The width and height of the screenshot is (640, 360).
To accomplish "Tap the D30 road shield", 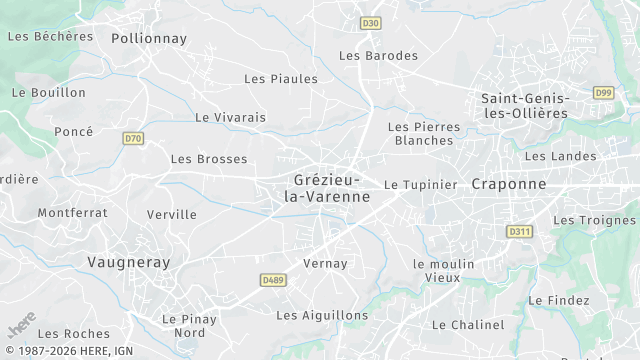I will tap(371, 23).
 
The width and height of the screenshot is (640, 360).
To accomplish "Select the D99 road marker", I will tap(603, 93).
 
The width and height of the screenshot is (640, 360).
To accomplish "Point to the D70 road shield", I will tap(133, 138).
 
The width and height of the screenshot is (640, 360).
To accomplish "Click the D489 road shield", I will tap(272, 281).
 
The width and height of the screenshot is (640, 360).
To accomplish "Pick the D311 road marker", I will tap(518, 231).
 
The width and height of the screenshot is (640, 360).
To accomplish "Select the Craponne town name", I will tap(509, 184).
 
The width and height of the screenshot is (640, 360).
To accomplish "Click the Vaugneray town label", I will tap(128, 262).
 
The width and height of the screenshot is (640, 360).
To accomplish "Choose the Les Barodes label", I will tap(379, 56).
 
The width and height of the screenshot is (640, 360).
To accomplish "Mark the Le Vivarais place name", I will tap(231, 117).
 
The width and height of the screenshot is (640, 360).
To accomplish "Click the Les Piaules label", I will tap(281, 78).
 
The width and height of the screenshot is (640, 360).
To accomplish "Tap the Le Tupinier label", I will tap(420, 185).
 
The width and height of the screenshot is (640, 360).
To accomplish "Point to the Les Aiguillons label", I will tap(322, 315).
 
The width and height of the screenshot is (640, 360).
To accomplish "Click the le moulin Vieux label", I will tap(443, 270).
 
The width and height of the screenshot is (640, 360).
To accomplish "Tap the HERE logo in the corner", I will tap(20, 329).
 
